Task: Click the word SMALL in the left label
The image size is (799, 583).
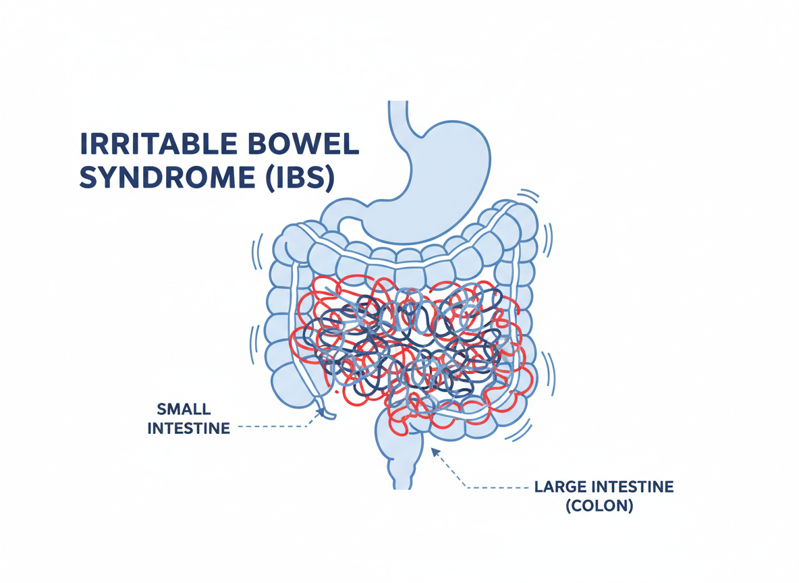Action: [184, 409]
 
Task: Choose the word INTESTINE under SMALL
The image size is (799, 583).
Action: [188, 428]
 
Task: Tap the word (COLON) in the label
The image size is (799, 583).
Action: [600, 506]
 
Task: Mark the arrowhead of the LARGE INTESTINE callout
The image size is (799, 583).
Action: [434, 450]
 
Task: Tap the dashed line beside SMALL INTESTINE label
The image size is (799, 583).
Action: [270, 427]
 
